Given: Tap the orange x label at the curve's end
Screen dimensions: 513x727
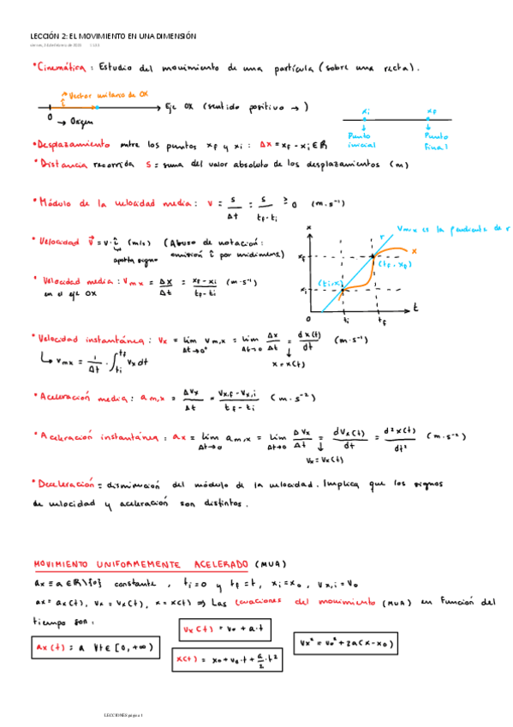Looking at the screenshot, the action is tap(414, 249).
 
